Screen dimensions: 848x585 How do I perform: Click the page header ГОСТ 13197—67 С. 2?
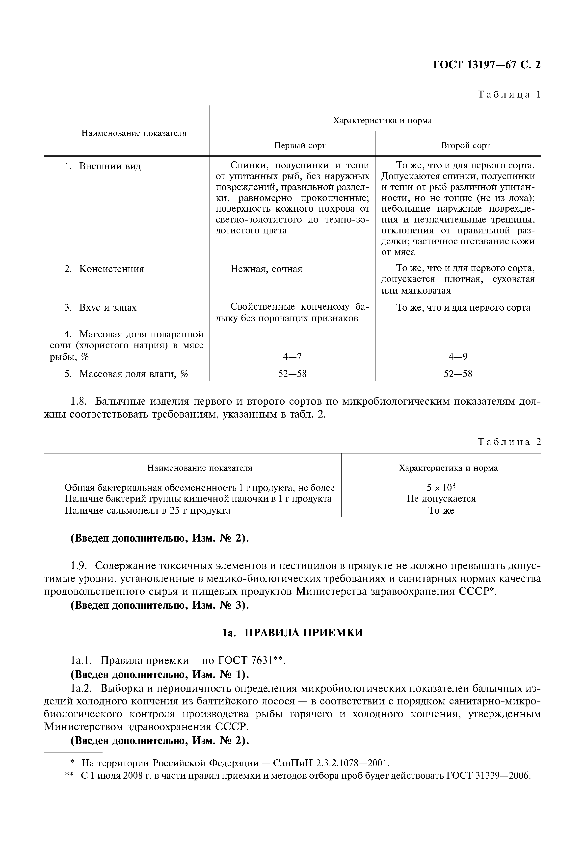pyautogui.click(x=486, y=65)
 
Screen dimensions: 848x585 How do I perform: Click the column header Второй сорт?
pyautogui.click(x=465, y=146)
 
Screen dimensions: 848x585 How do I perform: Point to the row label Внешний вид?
pyautogui.click(x=110, y=166)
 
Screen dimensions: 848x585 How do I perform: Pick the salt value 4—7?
pyautogui.click(x=292, y=356)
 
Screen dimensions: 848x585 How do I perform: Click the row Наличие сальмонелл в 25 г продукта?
pyautogui.click(x=147, y=510)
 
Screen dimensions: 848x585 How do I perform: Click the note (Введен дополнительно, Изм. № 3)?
pyautogui.click(x=160, y=605)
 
